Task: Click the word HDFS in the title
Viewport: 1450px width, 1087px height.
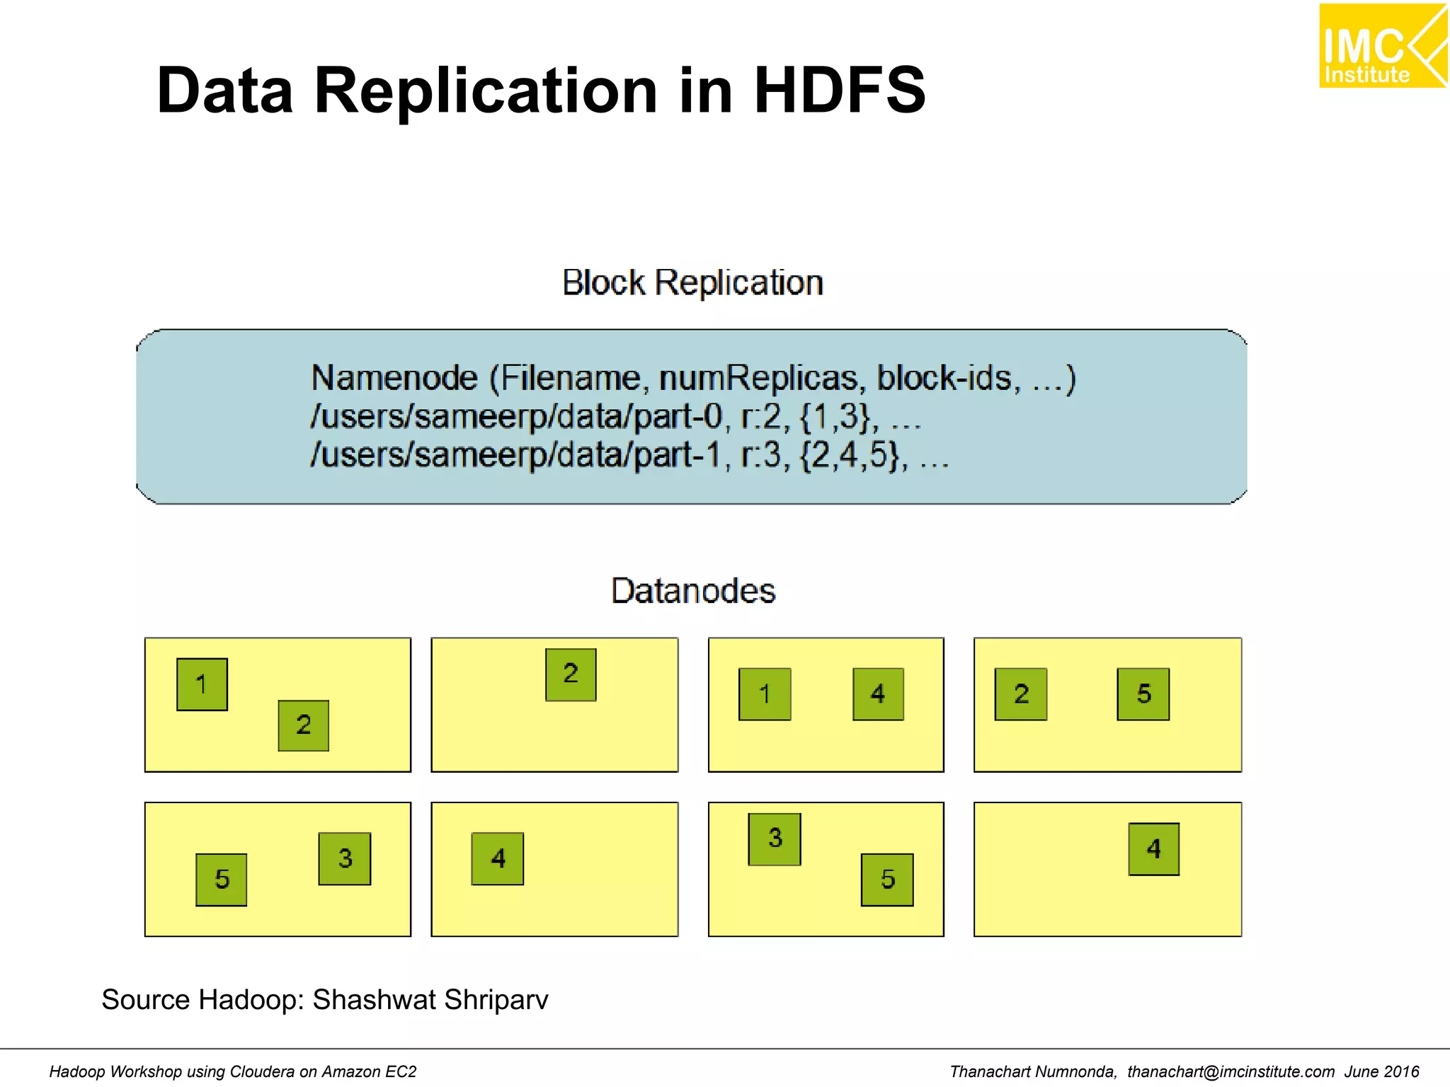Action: (839, 90)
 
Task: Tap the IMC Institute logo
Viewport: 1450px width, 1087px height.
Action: (1381, 47)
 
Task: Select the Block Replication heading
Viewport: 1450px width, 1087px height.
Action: (692, 282)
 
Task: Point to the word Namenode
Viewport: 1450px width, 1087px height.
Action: (394, 378)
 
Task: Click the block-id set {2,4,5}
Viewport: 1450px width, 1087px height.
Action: (853, 455)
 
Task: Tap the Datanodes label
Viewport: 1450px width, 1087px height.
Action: (693, 590)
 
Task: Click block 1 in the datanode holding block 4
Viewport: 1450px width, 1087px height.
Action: (765, 694)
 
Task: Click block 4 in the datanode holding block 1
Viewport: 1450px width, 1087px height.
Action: (878, 694)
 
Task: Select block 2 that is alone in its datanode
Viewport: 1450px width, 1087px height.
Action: (571, 674)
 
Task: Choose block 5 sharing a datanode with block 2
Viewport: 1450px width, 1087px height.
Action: (1143, 694)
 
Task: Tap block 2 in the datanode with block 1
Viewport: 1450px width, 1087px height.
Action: (303, 725)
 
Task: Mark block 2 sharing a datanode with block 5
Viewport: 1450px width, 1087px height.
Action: (1020, 694)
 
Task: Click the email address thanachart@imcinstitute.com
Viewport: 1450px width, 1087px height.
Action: (1231, 1071)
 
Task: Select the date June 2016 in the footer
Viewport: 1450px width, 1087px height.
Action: (1381, 1071)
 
